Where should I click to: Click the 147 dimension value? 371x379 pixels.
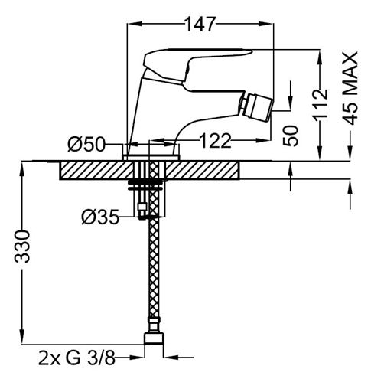pos(200,24)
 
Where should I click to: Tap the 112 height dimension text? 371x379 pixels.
pos(321,105)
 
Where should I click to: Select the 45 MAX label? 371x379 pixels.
pos(350,88)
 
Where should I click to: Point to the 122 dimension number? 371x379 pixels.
pos(215,141)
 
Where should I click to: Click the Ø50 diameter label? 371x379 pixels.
pos(86,145)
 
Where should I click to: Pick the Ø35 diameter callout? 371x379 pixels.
pos(100,217)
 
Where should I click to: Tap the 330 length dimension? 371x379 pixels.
pos(22,247)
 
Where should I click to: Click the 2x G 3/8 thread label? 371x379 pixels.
pos(76,358)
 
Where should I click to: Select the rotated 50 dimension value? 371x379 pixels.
pos(291,136)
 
